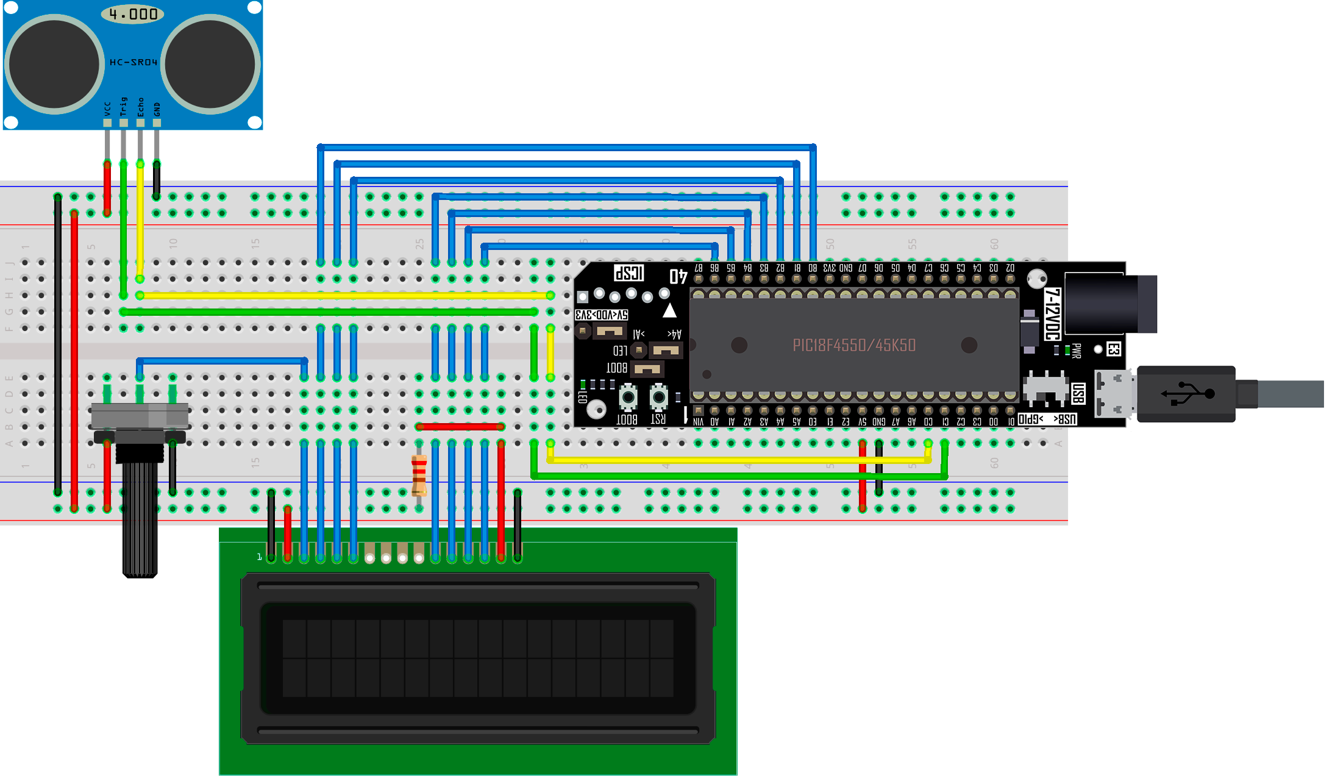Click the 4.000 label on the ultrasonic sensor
coord(133,14)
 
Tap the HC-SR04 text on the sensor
coord(133,62)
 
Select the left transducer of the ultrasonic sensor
coord(54,65)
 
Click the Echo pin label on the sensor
coord(140,107)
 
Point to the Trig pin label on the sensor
coord(124,106)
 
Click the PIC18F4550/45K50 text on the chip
coord(854,345)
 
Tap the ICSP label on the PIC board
coord(628,273)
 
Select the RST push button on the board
coord(658,398)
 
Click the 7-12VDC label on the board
coord(1053,314)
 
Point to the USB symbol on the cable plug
coord(1187,393)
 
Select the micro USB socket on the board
coord(1113,394)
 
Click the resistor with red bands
coord(419,475)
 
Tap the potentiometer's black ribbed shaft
coord(140,518)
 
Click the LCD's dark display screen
coord(478,658)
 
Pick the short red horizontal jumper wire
coord(460,427)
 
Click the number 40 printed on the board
coord(678,276)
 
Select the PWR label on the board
coord(1076,351)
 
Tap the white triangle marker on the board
coord(669,311)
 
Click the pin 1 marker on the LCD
coord(259,557)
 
